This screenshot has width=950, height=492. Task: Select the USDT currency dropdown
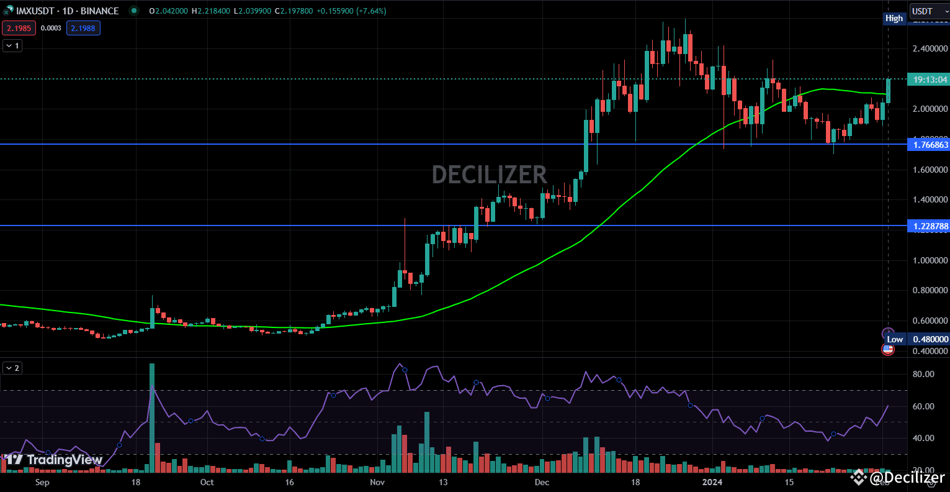(x=928, y=11)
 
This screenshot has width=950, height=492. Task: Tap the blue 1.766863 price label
(x=928, y=145)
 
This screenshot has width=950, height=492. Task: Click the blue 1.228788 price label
(x=928, y=226)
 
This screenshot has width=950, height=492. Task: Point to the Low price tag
(x=894, y=339)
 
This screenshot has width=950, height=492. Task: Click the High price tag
(x=894, y=18)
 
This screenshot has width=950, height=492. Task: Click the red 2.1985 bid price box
(x=19, y=28)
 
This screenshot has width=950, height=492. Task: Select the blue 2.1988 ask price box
(x=83, y=28)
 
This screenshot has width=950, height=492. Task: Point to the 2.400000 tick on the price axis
(x=930, y=48)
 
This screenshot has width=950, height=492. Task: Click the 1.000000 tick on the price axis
(x=930, y=260)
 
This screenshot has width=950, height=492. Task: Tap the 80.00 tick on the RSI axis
(x=923, y=374)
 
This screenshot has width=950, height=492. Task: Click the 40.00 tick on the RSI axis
(x=923, y=438)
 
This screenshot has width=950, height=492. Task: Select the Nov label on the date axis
(x=377, y=482)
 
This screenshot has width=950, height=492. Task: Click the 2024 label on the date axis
(x=711, y=482)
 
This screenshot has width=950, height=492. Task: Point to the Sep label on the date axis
(x=42, y=482)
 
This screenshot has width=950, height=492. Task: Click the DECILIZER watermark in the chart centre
(x=490, y=175)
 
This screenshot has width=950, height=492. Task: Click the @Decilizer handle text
(x=907, y=477)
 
